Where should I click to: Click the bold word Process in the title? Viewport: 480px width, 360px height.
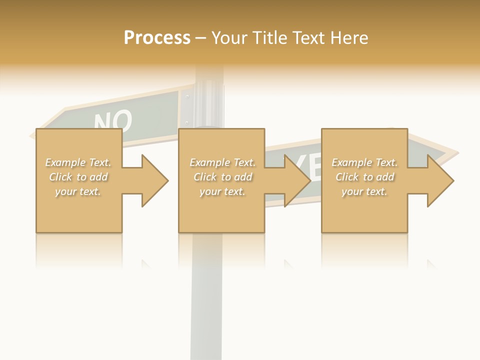coord(157,38)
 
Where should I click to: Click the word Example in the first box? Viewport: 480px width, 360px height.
coord(64,162)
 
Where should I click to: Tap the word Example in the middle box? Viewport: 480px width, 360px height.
coord(209,162)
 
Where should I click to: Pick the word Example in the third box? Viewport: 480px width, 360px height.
coord(351,162)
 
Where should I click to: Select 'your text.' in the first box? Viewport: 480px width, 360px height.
coord(78,191)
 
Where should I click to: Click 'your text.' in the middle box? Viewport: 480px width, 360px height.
coord(222,191)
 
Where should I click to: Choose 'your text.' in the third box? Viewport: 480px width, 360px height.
coord(364,191)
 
